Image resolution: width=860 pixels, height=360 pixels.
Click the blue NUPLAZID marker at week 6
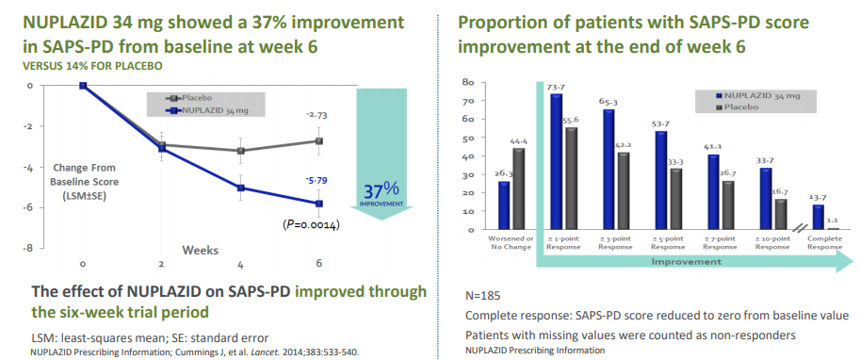pyautogui.click(x=319, y=204)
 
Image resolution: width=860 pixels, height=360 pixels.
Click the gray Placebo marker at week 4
pyautogui.click(x=241, y=151)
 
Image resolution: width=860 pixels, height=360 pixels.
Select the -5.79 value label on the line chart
pyautogui.click(x=316, y=180)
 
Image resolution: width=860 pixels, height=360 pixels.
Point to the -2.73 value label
pyautogui.click(x=316, y=115)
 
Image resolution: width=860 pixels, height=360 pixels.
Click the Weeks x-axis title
pyautogui.click(x=202, y=250)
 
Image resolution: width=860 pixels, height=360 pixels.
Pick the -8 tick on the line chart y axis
pyautogui.click(x=29, y=248)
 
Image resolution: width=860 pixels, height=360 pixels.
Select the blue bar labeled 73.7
pyautogui.click(x=557, y=161)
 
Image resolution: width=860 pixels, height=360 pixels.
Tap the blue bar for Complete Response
pyautogui.click(x=818, y=217)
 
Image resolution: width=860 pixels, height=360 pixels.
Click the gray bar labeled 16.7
pyautogui.click(x=781, y=214)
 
